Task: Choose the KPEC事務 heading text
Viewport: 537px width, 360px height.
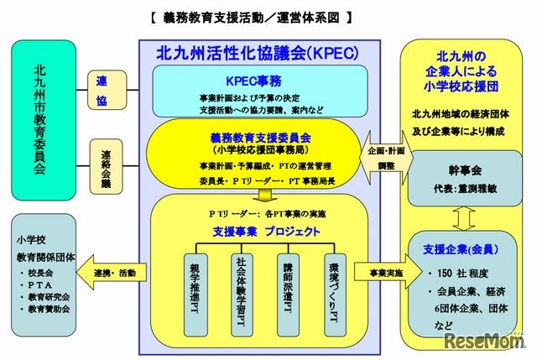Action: point(260,76)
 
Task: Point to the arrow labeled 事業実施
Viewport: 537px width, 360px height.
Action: point(378,274)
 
